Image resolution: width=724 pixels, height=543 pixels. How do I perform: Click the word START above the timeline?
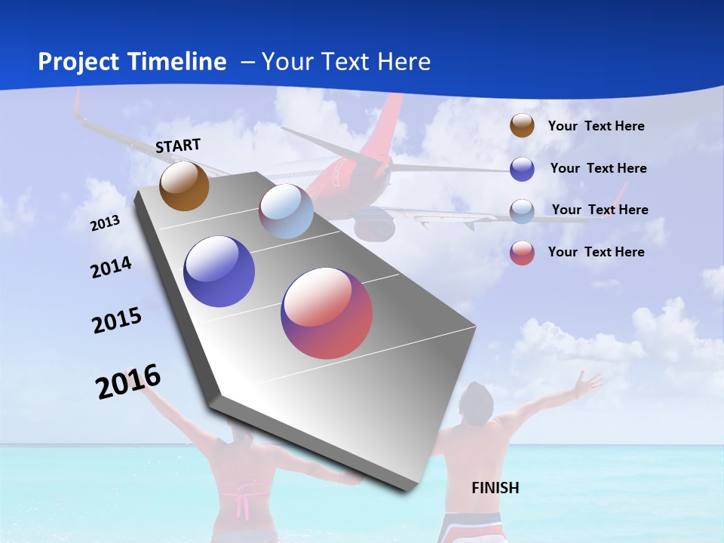pos(178,146)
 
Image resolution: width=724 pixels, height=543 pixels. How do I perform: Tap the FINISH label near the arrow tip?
pos(495,488)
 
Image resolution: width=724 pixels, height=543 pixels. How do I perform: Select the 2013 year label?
pos(105,223)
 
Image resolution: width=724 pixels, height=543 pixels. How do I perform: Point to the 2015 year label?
pos(116,321)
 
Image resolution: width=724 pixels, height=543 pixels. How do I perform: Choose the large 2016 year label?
pos(128,382)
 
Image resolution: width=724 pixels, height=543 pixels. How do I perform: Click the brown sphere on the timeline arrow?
pos(184,186)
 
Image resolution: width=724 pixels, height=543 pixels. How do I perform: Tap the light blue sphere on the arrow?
pos(286,211)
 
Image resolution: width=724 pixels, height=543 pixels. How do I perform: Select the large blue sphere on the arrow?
pos(219,271)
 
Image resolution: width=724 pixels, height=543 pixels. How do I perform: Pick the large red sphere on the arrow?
pos(327,313)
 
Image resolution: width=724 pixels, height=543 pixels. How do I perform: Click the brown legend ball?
pos(522,126)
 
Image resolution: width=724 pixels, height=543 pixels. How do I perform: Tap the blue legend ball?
pos(522,169)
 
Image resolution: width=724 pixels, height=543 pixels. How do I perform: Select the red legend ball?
pos(522,253)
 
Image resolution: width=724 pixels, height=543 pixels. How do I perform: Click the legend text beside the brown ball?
pos(596,126)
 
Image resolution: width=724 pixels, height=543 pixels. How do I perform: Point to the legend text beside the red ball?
pos(596,252)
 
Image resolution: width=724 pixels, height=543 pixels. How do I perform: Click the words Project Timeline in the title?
pos(132,62)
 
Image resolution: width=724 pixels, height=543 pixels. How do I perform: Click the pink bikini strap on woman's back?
pos(244,499)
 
